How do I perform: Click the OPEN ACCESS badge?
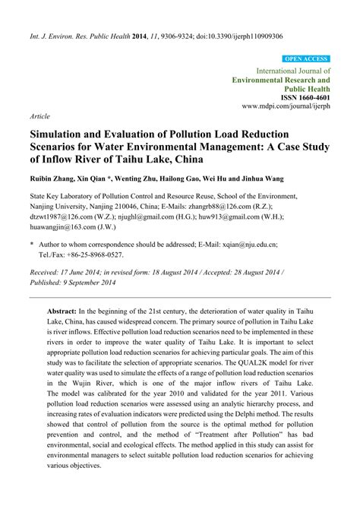coord(305,58)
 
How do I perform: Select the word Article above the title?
coord(40,118)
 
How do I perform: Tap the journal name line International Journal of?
coord(285,69)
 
